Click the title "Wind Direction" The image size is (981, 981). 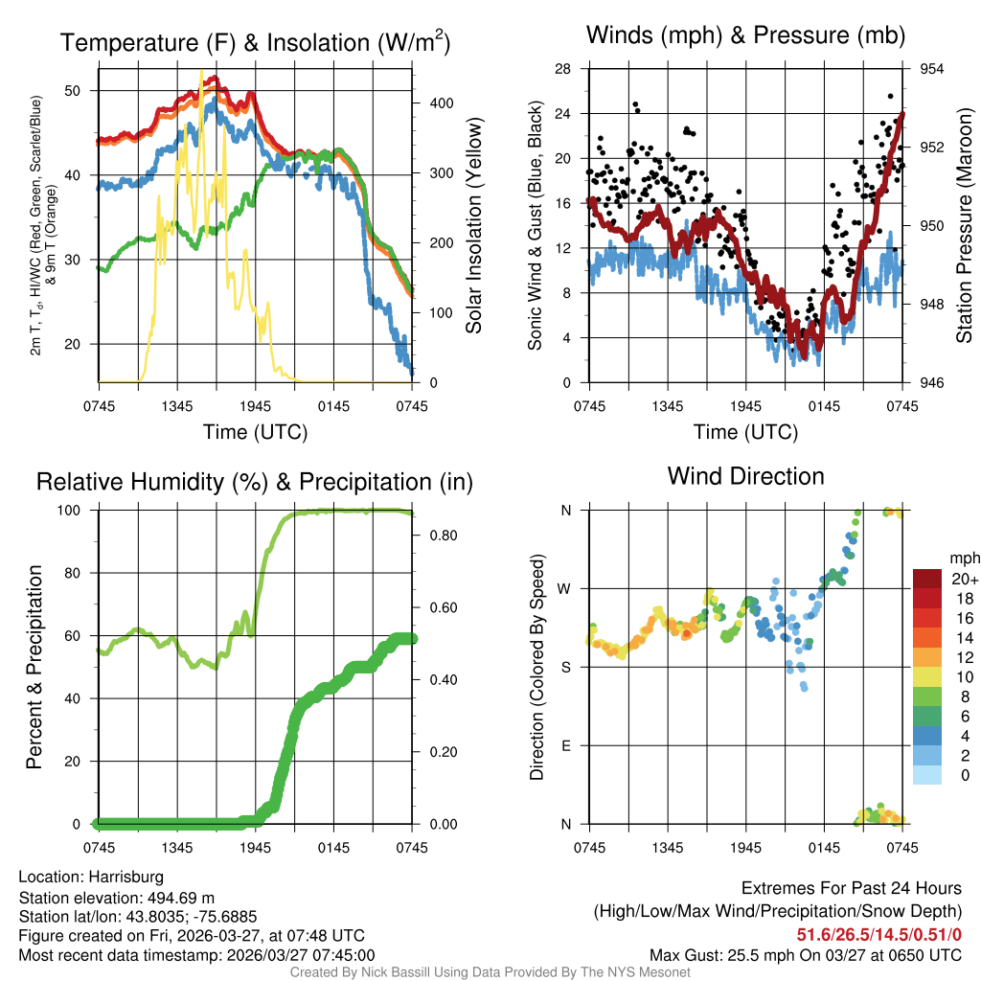[745, 476]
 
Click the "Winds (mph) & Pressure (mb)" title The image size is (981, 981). [746, 36]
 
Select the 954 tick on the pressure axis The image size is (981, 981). [932, 69]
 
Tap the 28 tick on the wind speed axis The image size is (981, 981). [563, 69]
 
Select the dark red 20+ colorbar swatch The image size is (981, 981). [926, 578]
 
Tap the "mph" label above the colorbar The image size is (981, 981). [963, 558]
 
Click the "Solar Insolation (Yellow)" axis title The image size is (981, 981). [474, 225]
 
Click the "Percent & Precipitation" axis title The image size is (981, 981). [34, 667]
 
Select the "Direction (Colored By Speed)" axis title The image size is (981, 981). [536, 667]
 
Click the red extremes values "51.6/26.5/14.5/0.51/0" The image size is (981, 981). [879, 935]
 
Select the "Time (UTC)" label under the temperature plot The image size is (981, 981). [255, 432]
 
